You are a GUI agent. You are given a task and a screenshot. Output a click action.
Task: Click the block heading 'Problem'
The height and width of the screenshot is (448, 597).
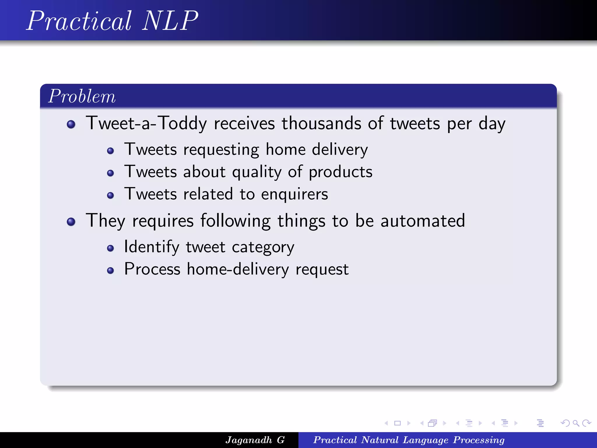pos(82,96)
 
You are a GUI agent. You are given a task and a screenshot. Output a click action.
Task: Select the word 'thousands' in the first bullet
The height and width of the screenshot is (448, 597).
pos(321,123)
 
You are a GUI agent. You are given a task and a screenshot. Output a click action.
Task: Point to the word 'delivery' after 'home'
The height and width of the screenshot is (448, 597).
pos(340,150)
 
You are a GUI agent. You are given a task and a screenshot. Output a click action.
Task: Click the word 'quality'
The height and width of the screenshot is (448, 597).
pos(257,172)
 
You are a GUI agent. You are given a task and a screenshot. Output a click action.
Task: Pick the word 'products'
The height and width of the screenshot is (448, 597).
pos(340,172)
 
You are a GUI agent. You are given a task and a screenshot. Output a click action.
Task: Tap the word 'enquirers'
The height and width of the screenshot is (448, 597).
pos(294,194)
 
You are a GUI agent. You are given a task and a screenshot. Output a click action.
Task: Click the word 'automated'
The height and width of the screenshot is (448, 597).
pos(423,220)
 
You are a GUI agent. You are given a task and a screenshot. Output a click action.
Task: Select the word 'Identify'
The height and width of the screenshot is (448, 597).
pos(152,247)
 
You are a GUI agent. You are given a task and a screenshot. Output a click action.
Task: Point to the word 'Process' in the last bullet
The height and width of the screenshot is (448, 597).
pos(152,269)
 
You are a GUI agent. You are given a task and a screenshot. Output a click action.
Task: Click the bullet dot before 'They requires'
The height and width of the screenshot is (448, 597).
pos(71,222)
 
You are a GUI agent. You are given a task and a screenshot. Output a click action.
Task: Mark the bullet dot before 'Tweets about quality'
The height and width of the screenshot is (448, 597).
pos(110,173)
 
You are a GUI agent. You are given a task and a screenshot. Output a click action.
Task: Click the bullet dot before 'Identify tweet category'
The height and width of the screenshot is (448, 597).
pos(110,248)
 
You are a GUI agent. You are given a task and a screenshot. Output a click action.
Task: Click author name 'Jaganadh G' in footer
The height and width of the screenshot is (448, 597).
pos(255,440)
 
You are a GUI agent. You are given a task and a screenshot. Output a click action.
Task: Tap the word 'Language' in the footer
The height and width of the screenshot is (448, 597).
pos(425,440)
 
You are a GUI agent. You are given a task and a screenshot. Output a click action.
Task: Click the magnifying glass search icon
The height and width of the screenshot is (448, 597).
pos(575,423)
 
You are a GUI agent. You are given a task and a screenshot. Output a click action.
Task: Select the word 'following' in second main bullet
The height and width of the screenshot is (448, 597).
pos(235,221)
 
